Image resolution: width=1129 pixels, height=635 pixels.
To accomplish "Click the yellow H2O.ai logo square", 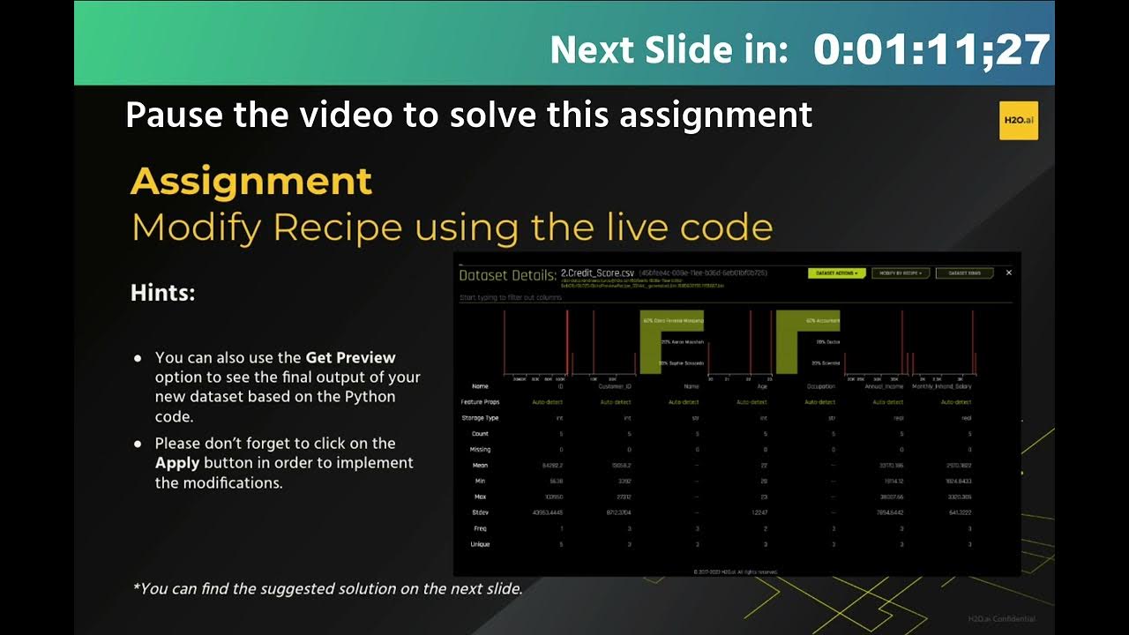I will click(1018, 120).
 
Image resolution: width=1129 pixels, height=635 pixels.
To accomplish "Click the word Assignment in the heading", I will click(251, 182).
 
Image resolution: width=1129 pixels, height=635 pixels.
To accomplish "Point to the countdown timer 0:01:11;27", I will click(931, 49).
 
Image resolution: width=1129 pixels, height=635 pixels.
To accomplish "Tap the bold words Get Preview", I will click(350, 358).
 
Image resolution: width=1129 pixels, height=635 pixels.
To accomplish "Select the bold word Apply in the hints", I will click(177, 463).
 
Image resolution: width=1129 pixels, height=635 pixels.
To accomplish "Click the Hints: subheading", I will click(162, 293).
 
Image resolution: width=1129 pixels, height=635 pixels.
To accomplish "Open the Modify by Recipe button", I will click(900, 273).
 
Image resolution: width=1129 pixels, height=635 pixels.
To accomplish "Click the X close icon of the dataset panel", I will click(1009, 273).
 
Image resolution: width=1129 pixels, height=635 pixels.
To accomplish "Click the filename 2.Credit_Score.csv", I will click(597, 273).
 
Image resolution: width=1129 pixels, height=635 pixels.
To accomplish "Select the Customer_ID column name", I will click(615, 386).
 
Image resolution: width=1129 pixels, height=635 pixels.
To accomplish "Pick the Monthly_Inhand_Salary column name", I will click(941, 386).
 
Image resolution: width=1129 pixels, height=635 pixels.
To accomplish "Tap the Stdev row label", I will click(480, 512).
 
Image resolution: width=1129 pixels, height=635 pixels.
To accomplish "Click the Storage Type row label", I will click(480, 418).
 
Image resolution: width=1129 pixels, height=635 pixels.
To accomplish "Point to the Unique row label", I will click(480, 544).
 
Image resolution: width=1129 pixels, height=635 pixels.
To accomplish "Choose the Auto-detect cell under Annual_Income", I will click(887, 402).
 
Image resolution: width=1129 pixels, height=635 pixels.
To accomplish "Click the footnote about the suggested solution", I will click(327, 588).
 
